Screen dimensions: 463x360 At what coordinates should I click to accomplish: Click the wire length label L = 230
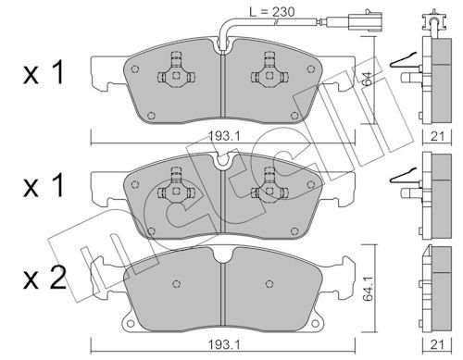(x=272, y=12)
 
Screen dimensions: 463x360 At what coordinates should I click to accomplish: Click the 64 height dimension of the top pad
(x=368, y=79)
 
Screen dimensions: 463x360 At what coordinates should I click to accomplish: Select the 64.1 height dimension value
(x=369, y=289)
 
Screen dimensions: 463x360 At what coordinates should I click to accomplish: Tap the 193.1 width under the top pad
(x=224, y=136)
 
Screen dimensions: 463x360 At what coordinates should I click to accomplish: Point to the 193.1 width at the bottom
(x=224, y=345)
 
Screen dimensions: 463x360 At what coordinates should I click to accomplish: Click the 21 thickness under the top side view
(x=437, y=136)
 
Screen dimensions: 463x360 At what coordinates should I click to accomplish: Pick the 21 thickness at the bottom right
(x=437, y=345)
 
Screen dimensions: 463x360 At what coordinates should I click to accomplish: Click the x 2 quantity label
(x=44, y=279)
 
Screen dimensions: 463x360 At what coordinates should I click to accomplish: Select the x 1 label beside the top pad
(x=44, y=72)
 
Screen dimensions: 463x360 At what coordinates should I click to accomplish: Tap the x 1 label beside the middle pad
(x=44, y=185)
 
